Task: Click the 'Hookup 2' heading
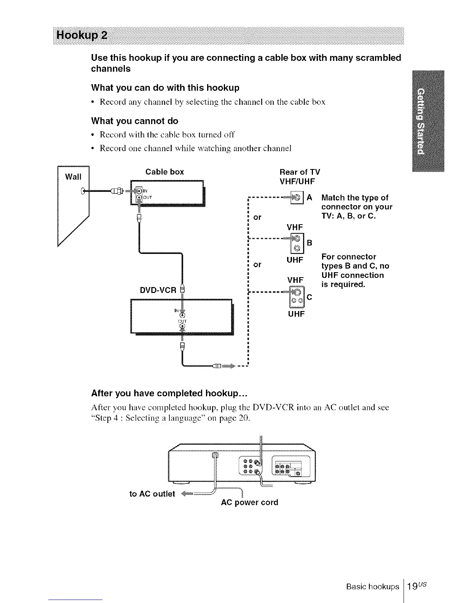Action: pos(82,36)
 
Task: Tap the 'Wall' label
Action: pos(73,177)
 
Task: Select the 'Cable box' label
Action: pos(164,172)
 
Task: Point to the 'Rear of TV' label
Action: pos(300,172)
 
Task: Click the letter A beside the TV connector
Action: pos(309,198)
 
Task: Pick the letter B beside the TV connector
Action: pos(309,243)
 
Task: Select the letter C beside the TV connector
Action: pos(309,297)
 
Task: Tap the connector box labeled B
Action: pos(297,244)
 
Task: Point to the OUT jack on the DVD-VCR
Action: pos(183,326)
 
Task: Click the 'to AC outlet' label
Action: pos(152,494)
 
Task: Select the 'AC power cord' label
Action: pos(249,502)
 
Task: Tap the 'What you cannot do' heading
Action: pos(134,121)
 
